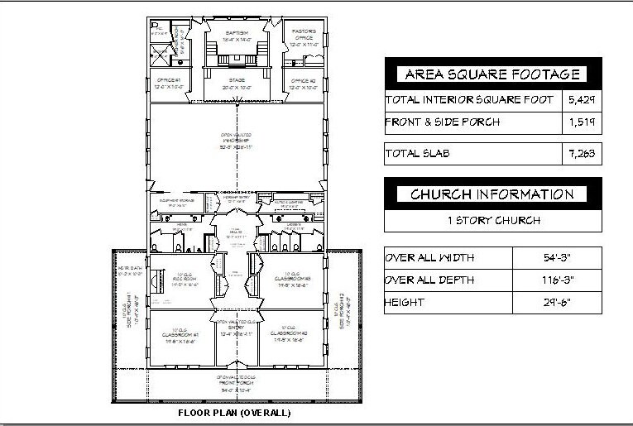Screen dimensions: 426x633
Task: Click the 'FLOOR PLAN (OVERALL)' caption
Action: pos(236,411)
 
